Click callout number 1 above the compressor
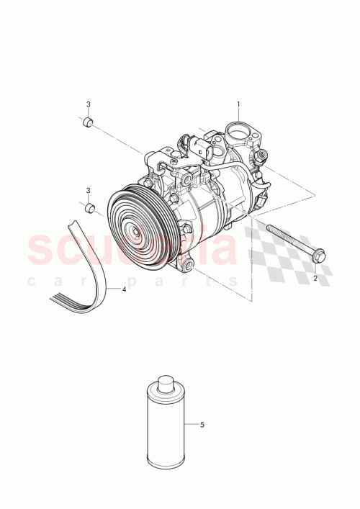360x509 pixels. point(239,104)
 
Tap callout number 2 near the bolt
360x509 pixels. point(315,276)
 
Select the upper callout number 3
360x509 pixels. point(89,104)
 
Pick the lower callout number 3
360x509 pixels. point(89,190)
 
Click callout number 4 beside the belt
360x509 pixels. point(124,289)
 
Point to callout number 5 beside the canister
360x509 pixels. point(202,425)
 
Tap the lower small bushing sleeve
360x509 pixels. point(89,208)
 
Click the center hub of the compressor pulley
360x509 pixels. point(134,233)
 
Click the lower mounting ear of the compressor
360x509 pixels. point(189,265)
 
